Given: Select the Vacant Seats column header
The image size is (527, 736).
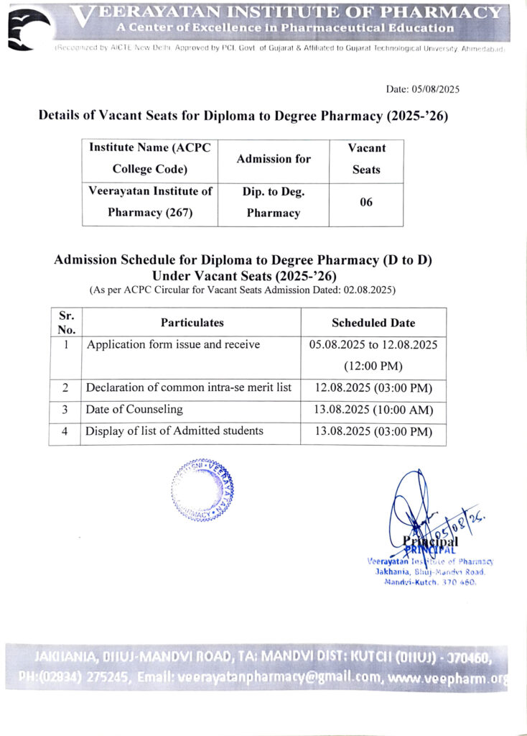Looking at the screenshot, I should click(x=366, y=159).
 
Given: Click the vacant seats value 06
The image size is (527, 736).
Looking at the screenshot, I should click(x=366, y=203).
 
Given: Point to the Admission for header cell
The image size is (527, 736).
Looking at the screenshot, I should click(x=274, y=159).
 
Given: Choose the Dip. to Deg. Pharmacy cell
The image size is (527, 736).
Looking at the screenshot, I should click(x=274, y=203).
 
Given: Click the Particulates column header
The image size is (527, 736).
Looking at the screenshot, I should click(x=192, y=323).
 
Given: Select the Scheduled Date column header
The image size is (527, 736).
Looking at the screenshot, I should click(x=373, y=323).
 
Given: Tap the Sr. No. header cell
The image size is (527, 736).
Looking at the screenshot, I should click(x=66, y=323).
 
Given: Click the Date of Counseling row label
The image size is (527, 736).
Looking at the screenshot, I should click(x=134, y=410).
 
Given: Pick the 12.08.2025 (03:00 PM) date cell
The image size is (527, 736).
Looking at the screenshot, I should click(x=373, y=388).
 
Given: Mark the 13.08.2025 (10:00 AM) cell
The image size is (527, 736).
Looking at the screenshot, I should click(x=373, y=410).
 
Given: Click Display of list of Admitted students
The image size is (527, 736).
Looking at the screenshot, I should click(x=174, y=431).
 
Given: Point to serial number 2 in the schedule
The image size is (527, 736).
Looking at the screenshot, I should click(x=65, y=388).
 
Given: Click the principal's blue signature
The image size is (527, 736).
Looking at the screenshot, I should click(x=416, y=510).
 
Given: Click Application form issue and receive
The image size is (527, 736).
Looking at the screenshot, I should click(x=173, y=344).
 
